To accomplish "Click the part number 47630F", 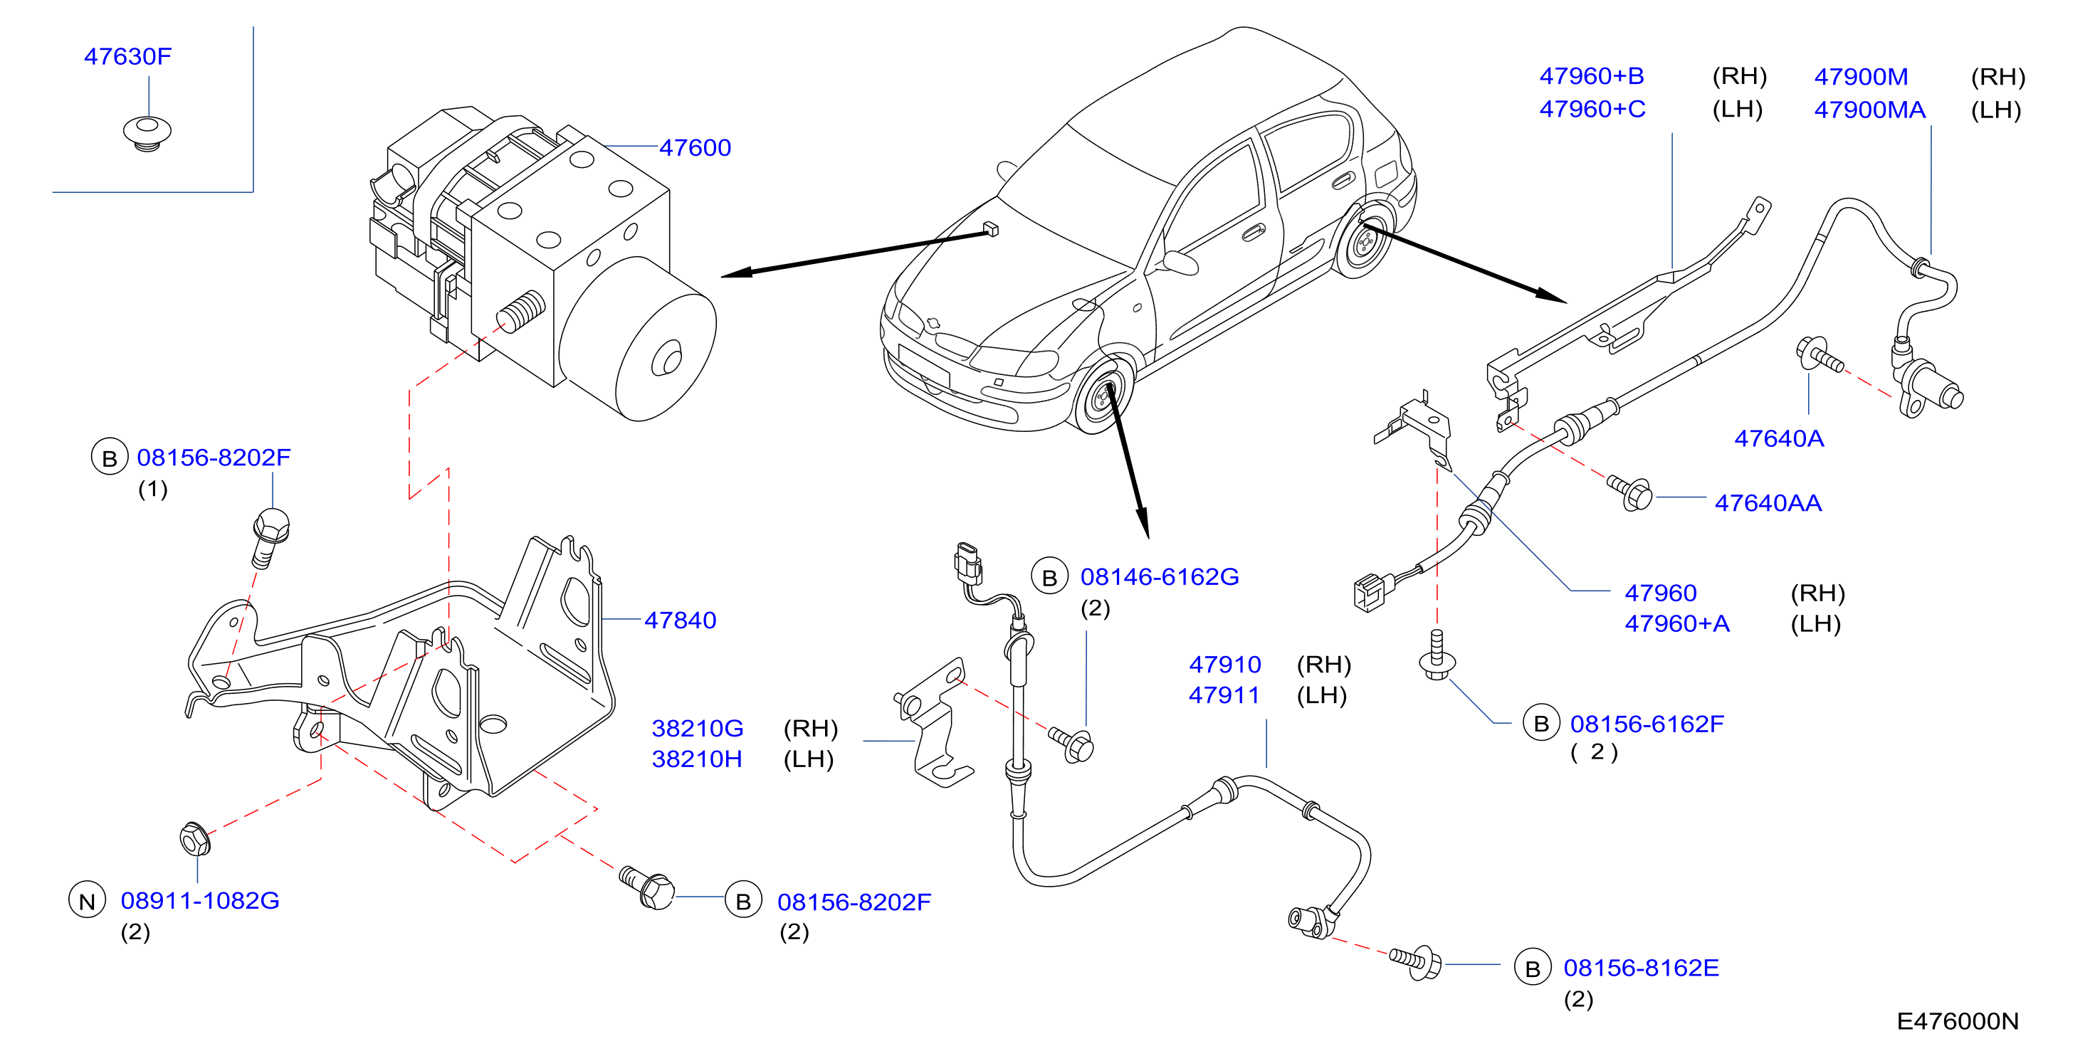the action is pos(127,56).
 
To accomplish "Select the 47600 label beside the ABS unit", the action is pos(695,147).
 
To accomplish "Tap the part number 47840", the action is pos(680,620).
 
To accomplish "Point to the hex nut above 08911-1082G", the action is pos(195,838).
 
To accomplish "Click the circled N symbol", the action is pos(88,900).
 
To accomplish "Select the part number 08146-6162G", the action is pos(1159,577).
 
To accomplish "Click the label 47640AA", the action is pos(1768,503).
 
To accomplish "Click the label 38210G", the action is pos(697,728).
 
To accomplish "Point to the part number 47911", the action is pos(1224,695).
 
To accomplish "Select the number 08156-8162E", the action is pos(1641,967).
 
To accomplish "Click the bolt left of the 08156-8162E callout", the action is pos(1415,961).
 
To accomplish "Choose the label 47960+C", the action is pos(1592,108).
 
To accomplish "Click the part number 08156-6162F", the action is pos(1647,724).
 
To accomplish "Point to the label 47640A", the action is pos(1778,438).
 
